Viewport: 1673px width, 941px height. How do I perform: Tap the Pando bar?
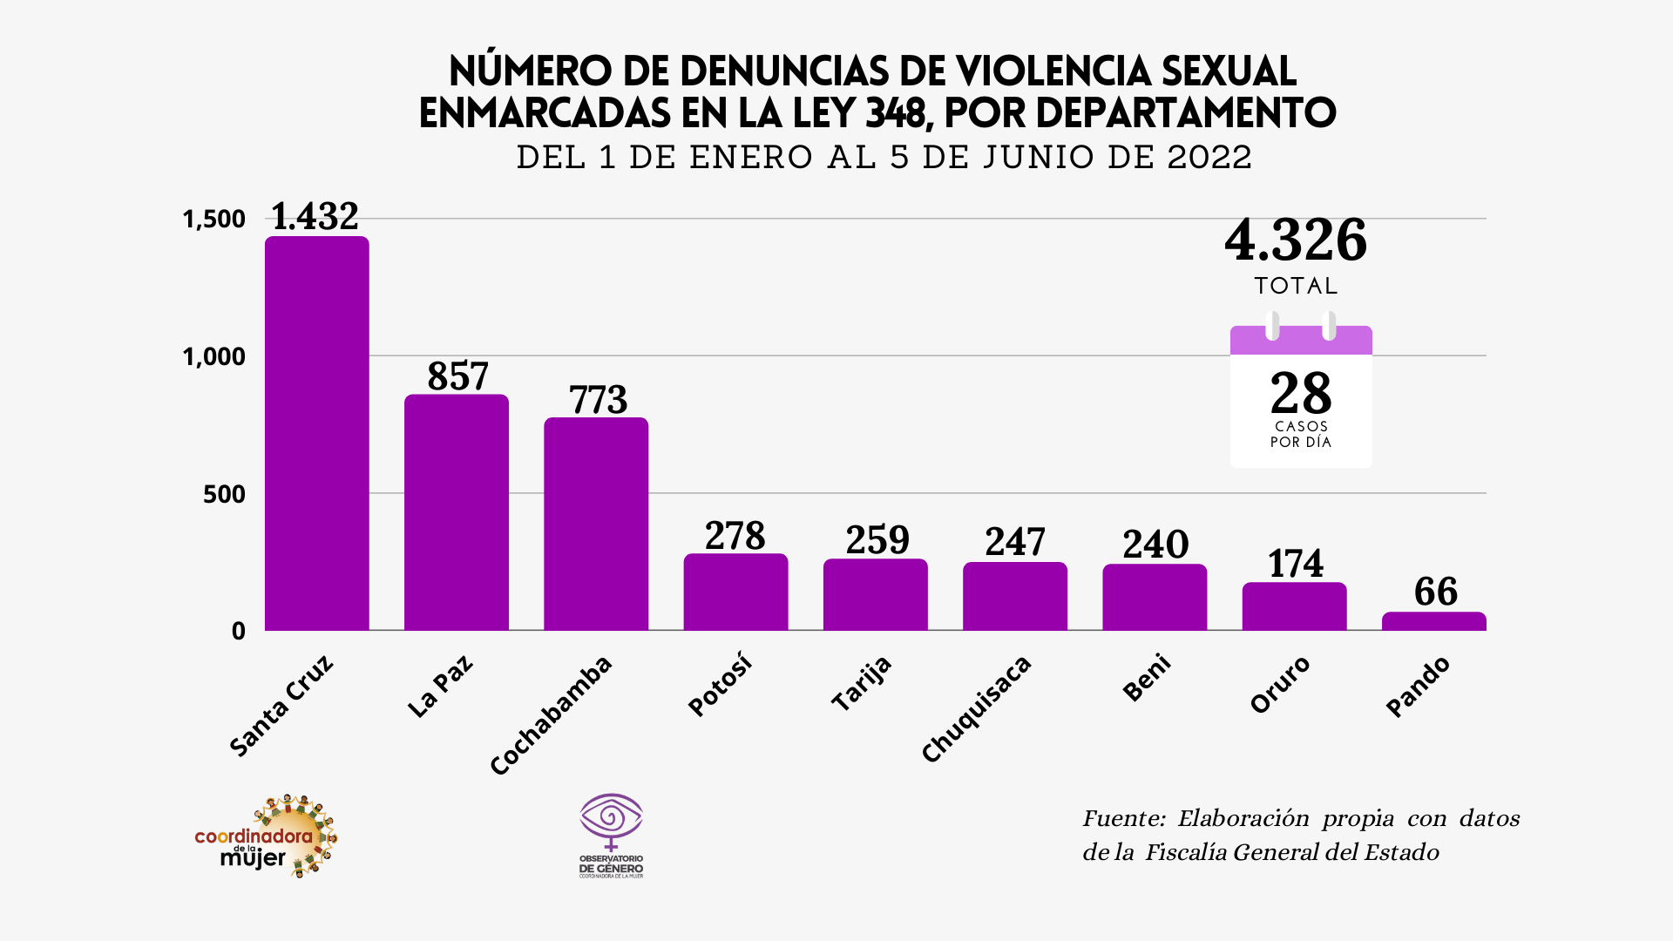click(x=1433, y=621)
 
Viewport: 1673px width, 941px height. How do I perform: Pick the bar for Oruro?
click(x=1294, y=606)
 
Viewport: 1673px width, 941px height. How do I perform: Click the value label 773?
click(x=598, y=400)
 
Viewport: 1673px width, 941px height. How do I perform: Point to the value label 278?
click(x=735, y=536)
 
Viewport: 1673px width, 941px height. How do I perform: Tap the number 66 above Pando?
click(x=1435, y=592)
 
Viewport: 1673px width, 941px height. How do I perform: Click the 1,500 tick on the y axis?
click(x=213, y=219)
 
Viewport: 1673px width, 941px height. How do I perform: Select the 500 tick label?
click(x=224, y=494)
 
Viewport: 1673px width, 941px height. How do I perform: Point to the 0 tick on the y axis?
click(x=238, y=631)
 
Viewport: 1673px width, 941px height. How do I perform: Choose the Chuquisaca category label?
click(x=976, y=709)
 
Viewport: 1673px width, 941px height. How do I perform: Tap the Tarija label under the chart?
click(x=861, y=683)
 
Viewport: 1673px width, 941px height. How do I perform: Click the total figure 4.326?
click(x=1295, y=240)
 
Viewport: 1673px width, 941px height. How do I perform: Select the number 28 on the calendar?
click(x=1300, y=394)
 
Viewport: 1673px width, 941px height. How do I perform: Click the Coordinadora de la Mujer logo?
click(x=267, y=836)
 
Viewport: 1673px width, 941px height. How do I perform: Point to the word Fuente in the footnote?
click(x=1123, y=818)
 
